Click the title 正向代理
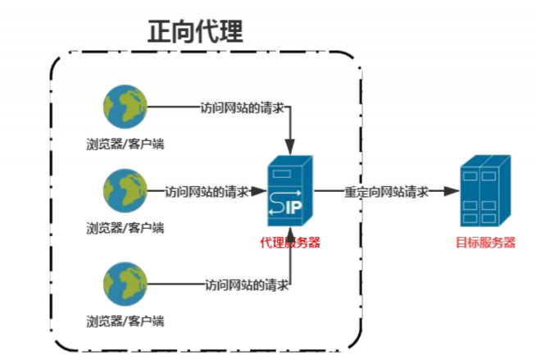click(195, 32)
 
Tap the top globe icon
click(125, 107)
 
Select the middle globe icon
click(125, 190)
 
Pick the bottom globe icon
click(125, 284)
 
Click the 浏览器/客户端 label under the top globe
click(125, 144)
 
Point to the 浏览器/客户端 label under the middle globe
click(125, 227)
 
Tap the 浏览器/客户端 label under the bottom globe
click(125, 321)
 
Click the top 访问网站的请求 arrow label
click(244, 107)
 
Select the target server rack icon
click(485, 192)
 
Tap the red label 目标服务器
click(486, 242)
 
